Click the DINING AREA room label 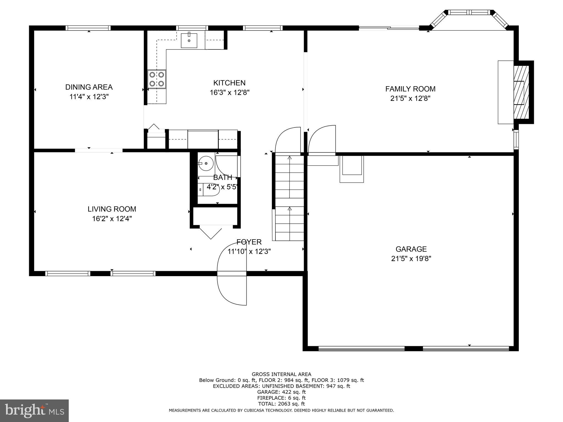89,87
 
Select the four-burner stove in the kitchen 157,79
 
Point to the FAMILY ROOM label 410,89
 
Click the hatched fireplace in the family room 521,92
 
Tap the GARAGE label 411,249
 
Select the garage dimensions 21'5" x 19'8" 411,259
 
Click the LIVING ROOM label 112,209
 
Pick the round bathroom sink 206,163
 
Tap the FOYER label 249,242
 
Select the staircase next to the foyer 289,198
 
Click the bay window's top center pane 469,12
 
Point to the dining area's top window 88,28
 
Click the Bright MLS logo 34,410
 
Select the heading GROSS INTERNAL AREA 281,374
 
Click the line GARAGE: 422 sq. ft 281,392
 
